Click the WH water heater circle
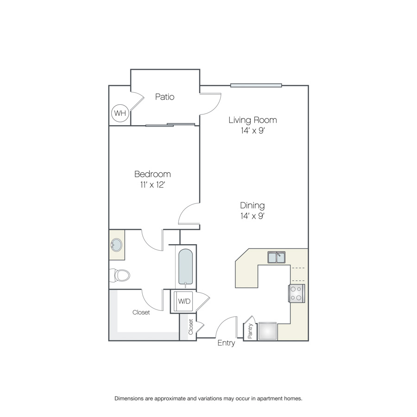(x=120, y=113)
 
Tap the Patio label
(x=164, y=97)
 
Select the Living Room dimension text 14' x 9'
(x=253, y=131)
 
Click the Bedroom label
(x=152, y=174)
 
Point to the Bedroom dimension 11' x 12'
(x=152, y=184)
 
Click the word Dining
(x=253, y=206)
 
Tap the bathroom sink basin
(x=116, y=245)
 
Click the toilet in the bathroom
(x=120, y=275)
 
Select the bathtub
(x=185, y=267)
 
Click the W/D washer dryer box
(x=184, y=301)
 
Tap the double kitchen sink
(x=276, y=257)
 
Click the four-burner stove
(x=296, y=293)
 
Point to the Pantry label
(x=250, y=331)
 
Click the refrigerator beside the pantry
(x=267, y=331)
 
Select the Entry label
(x=226, y=343)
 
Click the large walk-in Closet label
(x=141, y=312)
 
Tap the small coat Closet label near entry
(x=191, y=327)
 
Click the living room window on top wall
(x=256, y=85)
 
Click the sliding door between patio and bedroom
(x=170, y=125)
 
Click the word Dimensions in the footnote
(x=129, y=398)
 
